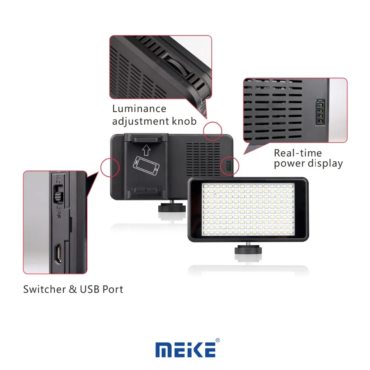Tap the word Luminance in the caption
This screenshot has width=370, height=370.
(139, 109)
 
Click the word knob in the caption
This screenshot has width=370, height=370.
(184, 121)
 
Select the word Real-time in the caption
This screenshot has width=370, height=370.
(298, 153)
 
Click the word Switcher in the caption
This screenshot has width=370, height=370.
(45, 289)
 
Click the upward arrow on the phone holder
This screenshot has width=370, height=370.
(146, 150)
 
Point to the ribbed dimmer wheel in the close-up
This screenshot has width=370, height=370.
(177, 66)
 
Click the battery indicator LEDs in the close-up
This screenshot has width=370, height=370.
(320, 112)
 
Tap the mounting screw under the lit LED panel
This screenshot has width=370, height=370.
(248, 249)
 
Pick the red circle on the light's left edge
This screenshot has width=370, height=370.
(110, 167)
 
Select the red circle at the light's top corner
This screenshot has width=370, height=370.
(213, 131)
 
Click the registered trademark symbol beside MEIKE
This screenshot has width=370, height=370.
(218, 340)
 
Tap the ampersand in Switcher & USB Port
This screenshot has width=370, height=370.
(73, 289)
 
